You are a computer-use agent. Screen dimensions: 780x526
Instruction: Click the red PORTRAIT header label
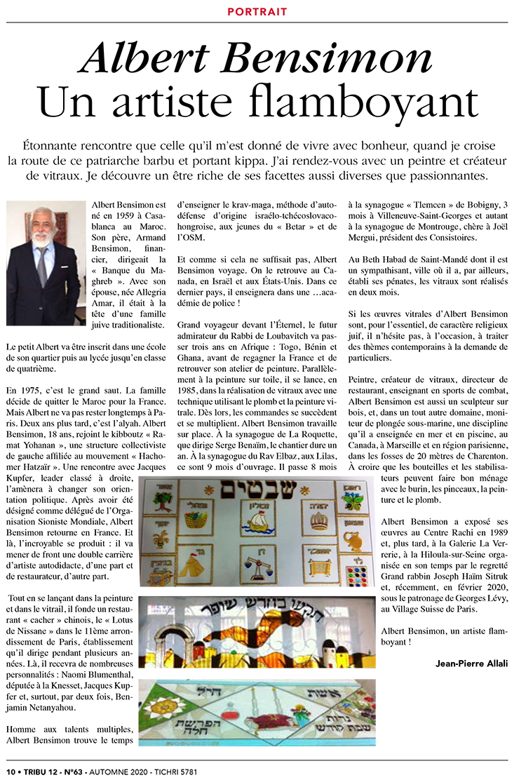point(257,12)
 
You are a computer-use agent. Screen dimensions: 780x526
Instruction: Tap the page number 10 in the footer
point(11,772)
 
